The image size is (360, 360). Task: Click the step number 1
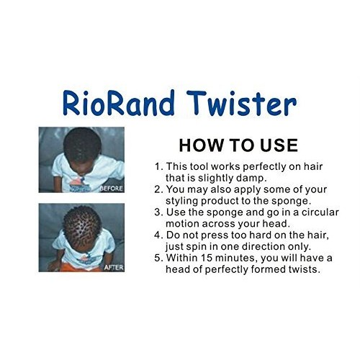click(x=158, y=166)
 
